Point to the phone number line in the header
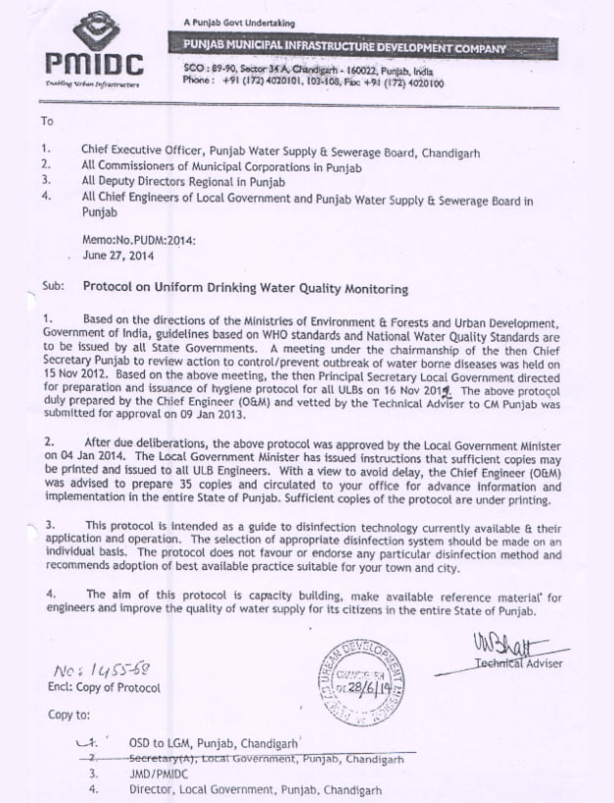pos(312,84)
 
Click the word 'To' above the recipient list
pos(47,122)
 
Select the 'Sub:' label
pos(52,289)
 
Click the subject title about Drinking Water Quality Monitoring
pos(245,289)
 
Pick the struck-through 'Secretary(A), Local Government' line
pos(265,758)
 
